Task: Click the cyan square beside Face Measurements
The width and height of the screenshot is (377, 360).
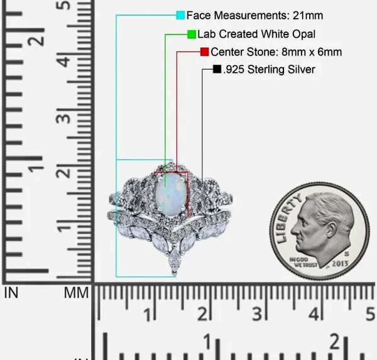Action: (x=180, y=15)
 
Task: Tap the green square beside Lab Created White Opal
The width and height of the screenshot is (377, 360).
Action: (x=192, y=34)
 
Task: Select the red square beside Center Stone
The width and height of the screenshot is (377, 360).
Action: (x=205, y=52)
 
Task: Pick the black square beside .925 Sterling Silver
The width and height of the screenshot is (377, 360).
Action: (x=217, y=69)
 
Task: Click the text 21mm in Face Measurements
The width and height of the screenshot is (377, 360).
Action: (x=308, y=16)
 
